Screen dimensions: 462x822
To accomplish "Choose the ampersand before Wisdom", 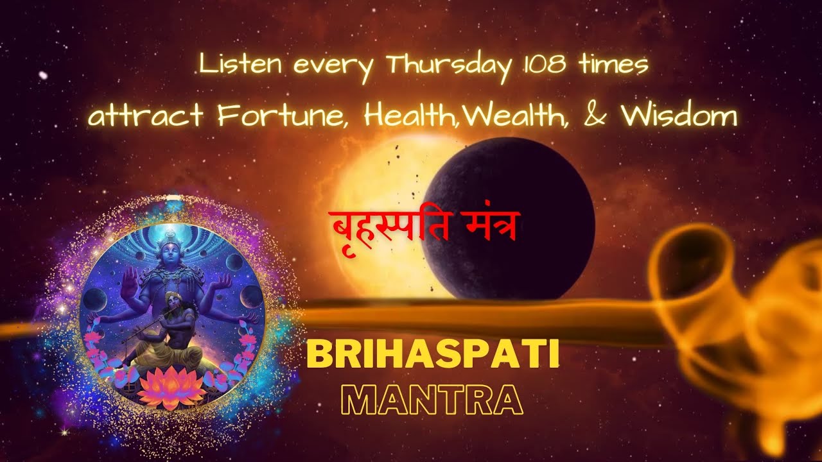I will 600,117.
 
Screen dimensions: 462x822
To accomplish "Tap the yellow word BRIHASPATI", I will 433,355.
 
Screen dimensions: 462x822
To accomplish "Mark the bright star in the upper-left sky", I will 43,76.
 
